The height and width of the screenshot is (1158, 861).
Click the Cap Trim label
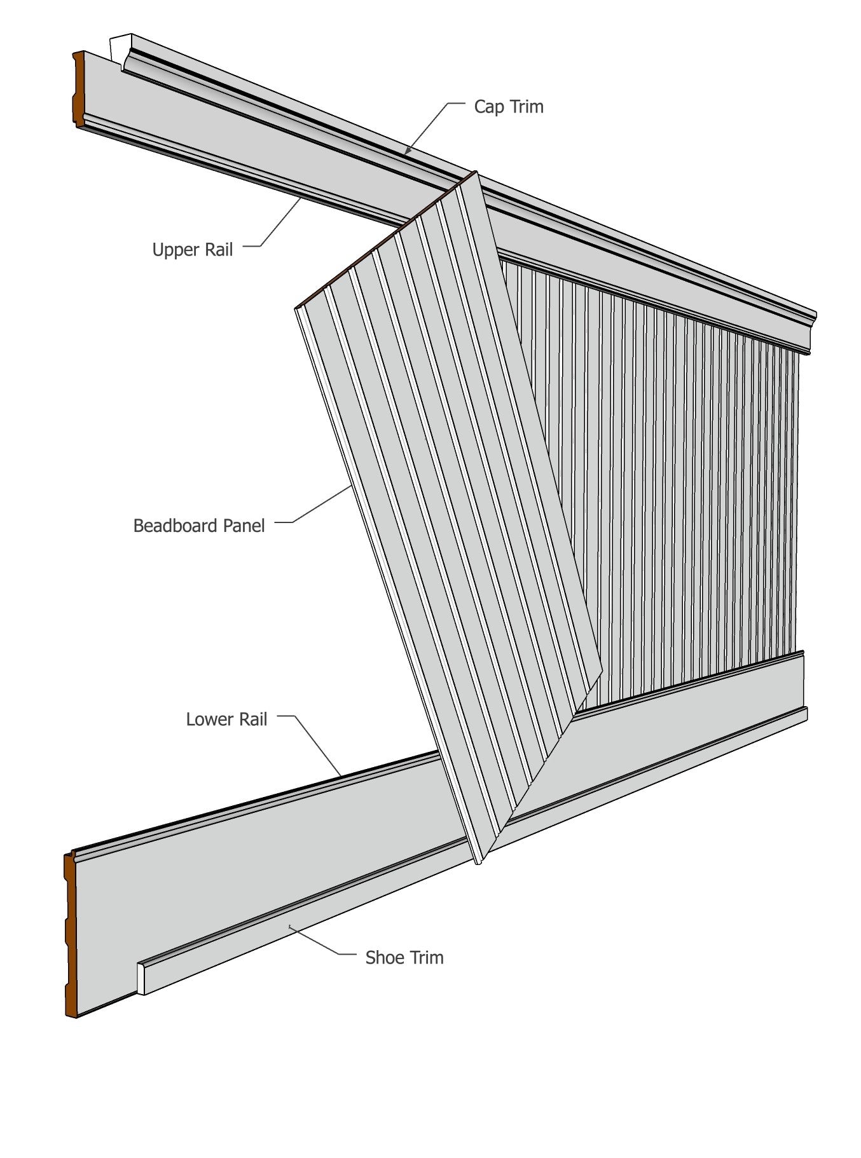pos(508,106)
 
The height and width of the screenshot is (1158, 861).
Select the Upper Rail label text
pos(192,249)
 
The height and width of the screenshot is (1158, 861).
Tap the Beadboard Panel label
pos(198,526)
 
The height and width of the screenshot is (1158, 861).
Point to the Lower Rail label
pos(226,719)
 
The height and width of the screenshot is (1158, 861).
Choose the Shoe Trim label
pos(404,957)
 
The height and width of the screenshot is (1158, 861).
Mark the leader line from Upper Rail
pos(280,222)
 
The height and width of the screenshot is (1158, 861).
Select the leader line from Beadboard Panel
pos(321,505)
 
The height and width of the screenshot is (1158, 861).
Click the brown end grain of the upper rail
pos(78,89)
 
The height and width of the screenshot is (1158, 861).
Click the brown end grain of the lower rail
pos(71,934)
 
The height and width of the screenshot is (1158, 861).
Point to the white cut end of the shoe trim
pos(141,978)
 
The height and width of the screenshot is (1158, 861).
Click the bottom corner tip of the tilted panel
pos(478,862)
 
